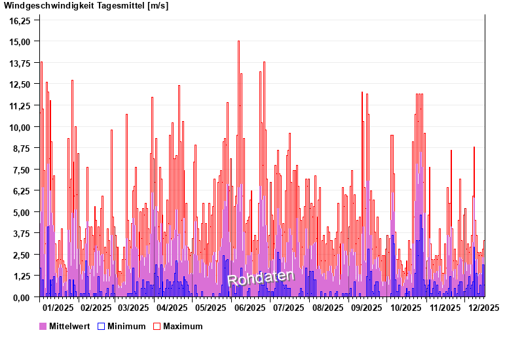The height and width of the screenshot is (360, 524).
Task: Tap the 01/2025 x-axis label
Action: coord(58,307)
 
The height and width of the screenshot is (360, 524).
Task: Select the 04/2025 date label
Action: coord(173,307)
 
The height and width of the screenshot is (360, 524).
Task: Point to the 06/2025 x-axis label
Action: coord(250,307)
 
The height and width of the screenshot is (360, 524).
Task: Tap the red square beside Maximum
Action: coord(157,326)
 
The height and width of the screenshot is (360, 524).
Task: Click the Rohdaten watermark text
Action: coord(261,278)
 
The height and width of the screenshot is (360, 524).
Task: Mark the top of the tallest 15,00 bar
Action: coord(238,41)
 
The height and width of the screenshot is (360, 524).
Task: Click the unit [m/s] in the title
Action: coord(158,7)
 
